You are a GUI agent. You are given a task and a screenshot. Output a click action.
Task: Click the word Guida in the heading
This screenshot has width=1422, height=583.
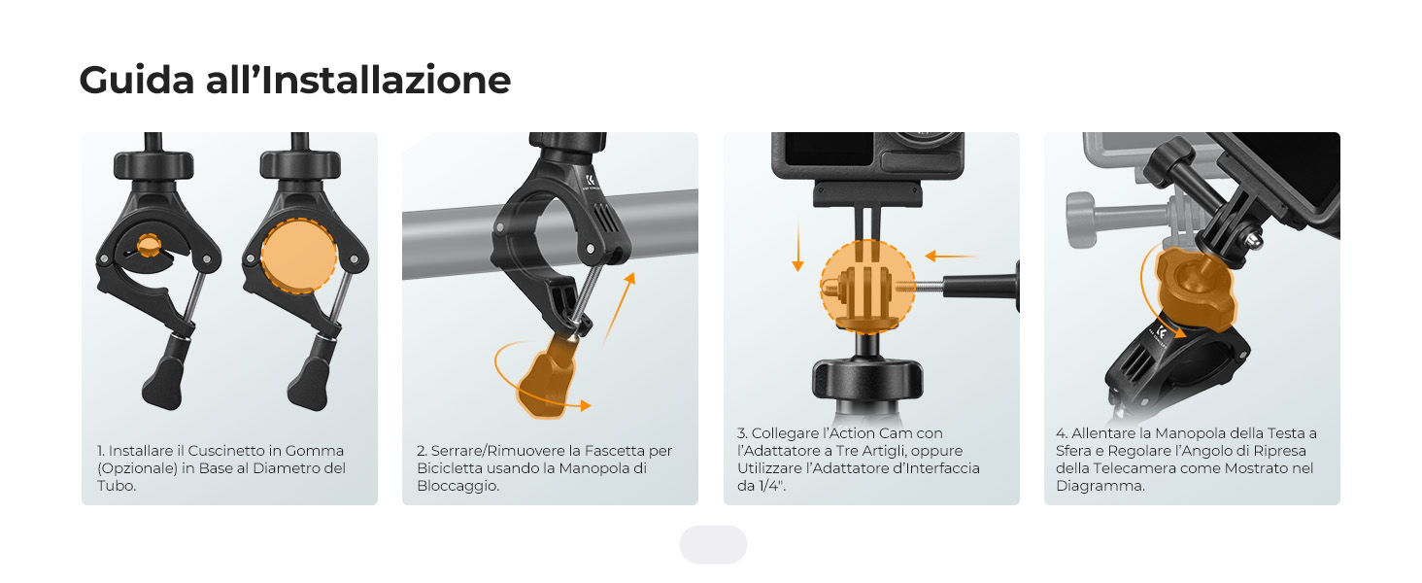137,80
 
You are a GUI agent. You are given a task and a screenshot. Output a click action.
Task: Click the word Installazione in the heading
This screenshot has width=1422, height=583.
386,80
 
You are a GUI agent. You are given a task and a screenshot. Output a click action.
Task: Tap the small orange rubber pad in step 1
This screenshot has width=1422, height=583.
149,245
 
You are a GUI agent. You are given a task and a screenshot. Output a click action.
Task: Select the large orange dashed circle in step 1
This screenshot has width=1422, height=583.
299,256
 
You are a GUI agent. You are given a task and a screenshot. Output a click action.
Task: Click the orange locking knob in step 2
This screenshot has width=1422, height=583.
547,379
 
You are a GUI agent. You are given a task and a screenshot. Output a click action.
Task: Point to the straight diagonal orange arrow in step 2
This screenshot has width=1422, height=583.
618,309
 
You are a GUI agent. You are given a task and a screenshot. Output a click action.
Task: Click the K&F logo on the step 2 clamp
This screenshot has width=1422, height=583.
591,179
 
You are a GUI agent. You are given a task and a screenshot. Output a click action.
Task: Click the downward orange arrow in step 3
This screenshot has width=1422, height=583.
798,246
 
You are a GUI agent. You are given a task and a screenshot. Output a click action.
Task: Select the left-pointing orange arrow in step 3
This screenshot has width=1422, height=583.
952,256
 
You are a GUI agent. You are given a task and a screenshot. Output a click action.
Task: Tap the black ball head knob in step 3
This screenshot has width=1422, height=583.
867,378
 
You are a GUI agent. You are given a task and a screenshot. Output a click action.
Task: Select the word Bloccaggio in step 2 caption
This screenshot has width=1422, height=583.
458,486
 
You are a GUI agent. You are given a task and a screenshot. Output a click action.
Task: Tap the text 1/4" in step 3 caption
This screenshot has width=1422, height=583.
772,486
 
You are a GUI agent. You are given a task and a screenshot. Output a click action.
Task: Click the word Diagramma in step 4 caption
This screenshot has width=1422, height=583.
1100,486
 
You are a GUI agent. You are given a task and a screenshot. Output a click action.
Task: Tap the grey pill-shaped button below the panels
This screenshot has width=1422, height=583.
713,544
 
